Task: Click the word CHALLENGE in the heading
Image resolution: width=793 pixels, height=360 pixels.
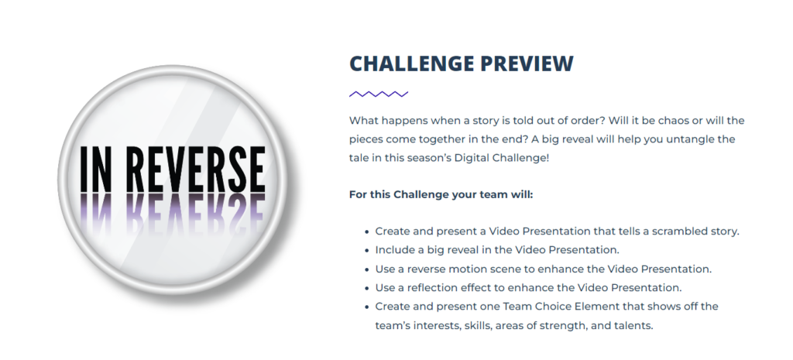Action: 412,63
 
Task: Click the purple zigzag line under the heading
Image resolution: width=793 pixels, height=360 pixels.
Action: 379,94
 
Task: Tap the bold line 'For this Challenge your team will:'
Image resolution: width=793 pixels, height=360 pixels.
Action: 441,194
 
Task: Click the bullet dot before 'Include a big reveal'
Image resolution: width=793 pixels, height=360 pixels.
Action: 366,250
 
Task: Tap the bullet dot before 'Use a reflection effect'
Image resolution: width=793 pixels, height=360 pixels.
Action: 366,288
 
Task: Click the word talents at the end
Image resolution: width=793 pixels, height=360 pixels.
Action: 636,326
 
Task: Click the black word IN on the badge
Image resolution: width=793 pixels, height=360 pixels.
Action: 96,170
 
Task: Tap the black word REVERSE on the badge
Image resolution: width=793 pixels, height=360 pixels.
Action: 195,170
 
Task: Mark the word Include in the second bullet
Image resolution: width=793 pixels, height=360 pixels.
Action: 393,250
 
